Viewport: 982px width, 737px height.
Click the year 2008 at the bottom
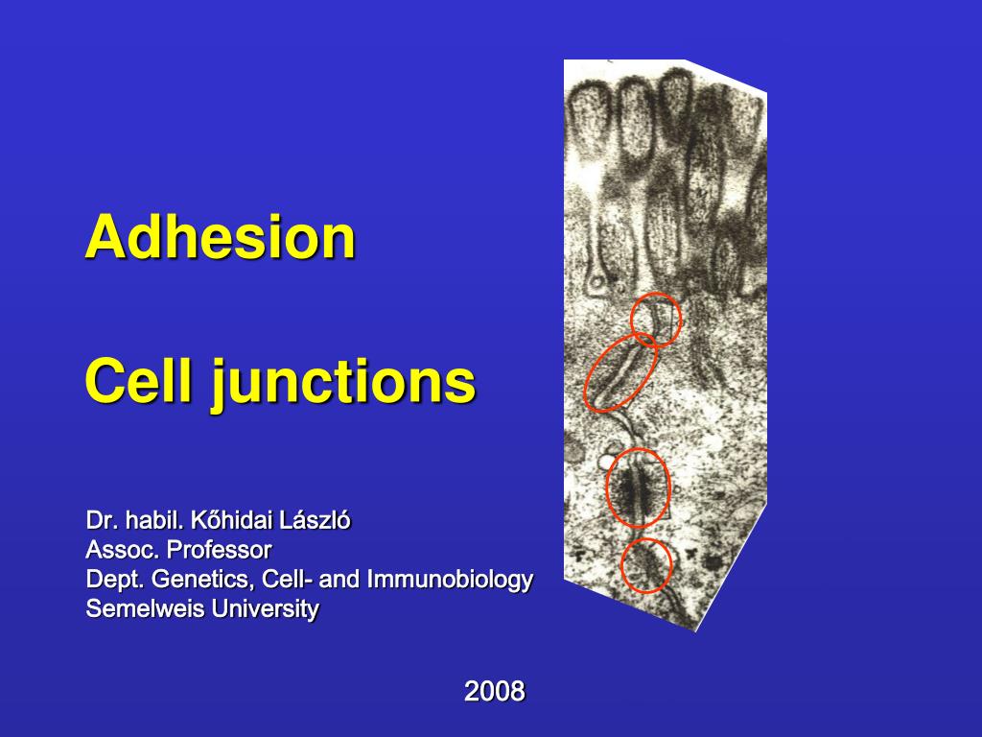(495, 690)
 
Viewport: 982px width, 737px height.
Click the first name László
(316, 521)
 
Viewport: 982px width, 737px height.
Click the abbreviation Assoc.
(123, 550)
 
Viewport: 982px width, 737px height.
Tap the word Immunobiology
(450, 580)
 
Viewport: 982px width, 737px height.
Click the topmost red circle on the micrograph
(656, 319)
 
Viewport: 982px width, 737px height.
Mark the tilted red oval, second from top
(620, 372)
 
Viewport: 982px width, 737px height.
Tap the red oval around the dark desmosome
(638, 487)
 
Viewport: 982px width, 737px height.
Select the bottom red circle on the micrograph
(646, 565)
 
